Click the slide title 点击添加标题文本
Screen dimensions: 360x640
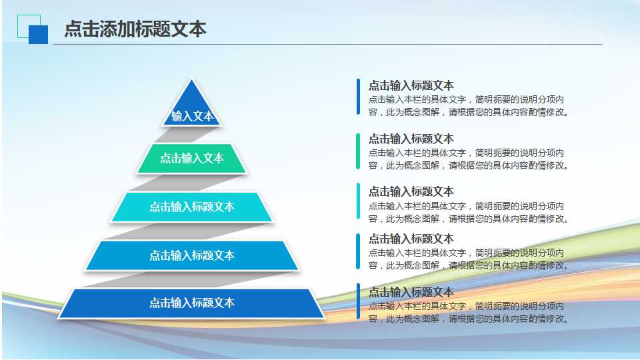tap(135, 29)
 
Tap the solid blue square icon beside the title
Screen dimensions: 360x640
tap(39, 35)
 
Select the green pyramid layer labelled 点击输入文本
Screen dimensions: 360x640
tap(192, 158)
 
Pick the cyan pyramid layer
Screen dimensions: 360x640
tap(192, 207)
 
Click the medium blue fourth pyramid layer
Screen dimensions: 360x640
tap(192, 255)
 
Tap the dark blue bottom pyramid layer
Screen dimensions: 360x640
tap(192, 303)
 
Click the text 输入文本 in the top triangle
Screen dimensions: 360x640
tap(192, 116)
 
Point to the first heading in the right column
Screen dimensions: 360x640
tap(411, 85)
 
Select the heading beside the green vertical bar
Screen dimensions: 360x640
tap(411, 139)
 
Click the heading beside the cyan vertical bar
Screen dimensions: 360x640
tap(411, 191)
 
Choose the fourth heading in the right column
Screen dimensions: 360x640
tap(411, 238)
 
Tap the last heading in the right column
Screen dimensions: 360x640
tap(411, 292)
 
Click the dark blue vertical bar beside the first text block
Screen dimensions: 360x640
tap(358, 97)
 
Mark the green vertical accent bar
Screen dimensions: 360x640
tap(358, 151)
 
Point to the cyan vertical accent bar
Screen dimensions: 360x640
tap(358, 201)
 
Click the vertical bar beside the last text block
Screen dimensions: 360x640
tap(358, 301)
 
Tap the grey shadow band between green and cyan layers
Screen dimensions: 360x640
tap(200, 182)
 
